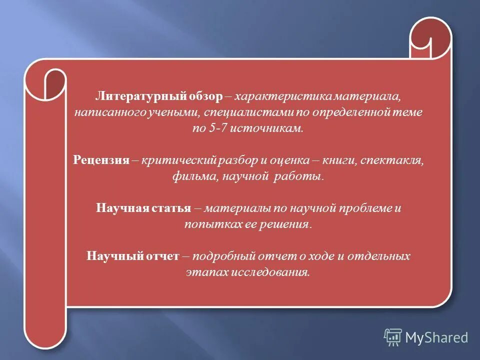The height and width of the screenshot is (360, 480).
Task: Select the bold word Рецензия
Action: (x=102, y=161)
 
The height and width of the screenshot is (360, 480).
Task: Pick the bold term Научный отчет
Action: (x=132, y=256)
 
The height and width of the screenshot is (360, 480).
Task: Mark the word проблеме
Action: (x=366, y=208)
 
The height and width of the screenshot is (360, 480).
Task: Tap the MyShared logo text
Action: (x=436, y=337)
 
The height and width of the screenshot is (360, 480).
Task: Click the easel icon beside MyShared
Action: (x=393, y=337)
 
